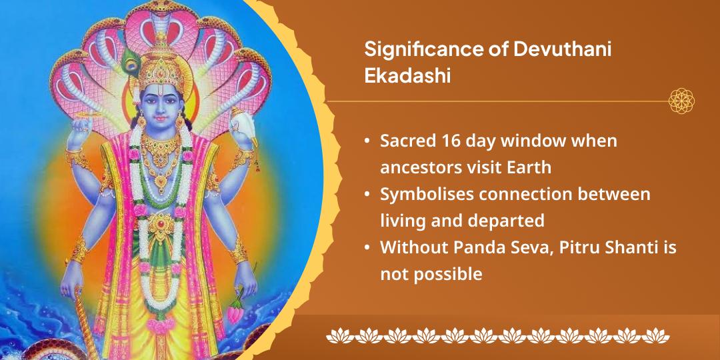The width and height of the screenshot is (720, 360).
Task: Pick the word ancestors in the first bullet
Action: pyautogui.click(x=417, y=167)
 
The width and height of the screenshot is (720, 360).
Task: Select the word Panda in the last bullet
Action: pyautogui.click(x=479, y=247)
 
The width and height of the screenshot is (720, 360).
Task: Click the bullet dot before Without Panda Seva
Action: pyautogui.click(x=367, y=248)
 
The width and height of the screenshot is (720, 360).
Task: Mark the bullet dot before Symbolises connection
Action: pyautogui.click(x=367, y=195)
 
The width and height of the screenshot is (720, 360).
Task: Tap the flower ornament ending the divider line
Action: pyautogui.click(x=682, y=101)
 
